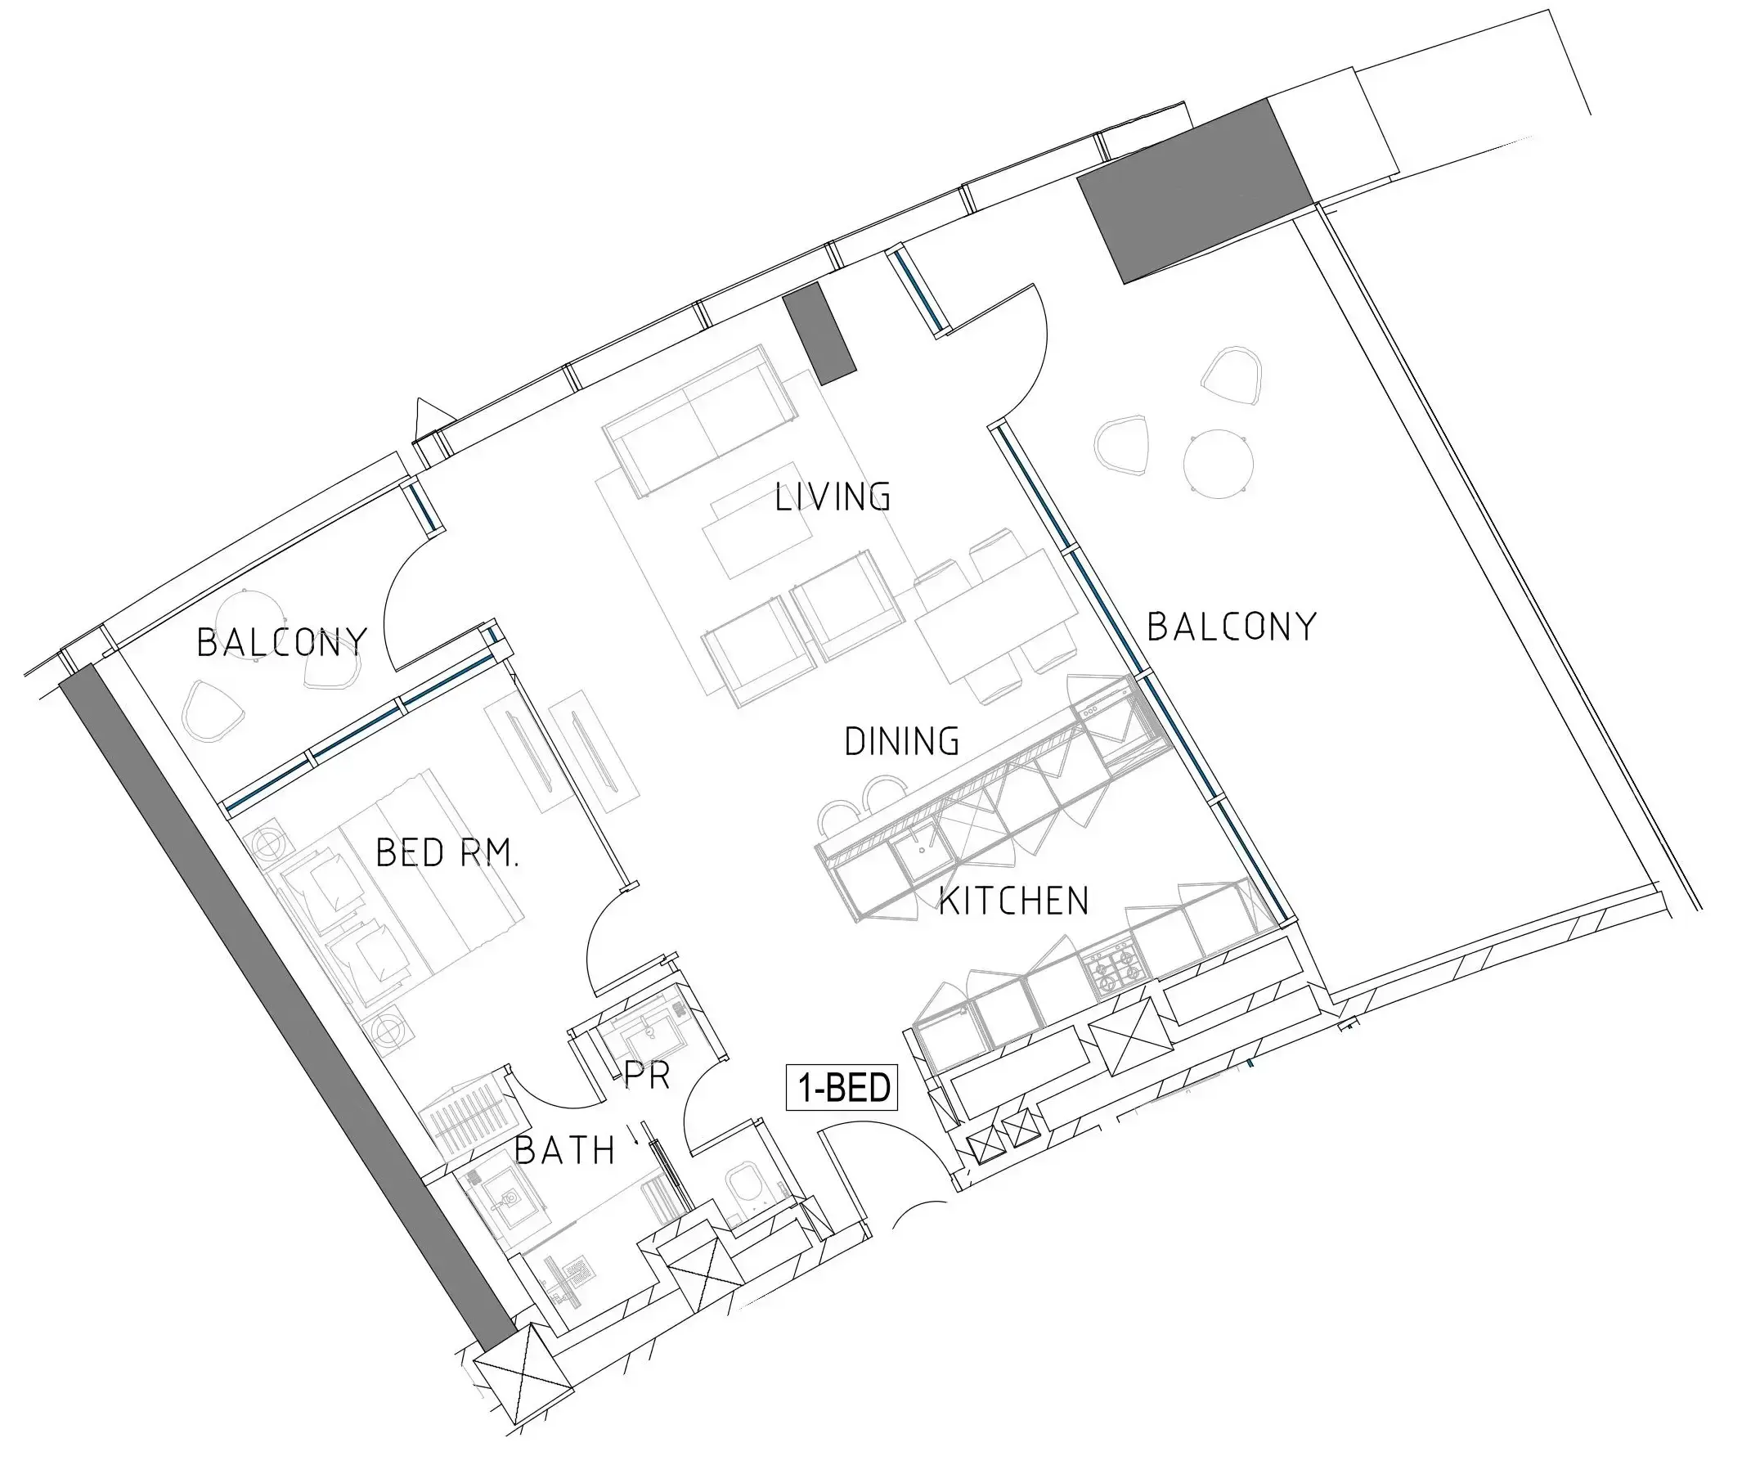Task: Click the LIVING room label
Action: coord(833,497)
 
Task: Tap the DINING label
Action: coord(902,741)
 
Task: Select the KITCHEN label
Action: coord(1014,901)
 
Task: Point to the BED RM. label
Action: coord(447,852)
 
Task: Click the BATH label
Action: coord(564,1150)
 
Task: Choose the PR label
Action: coord(647,1076)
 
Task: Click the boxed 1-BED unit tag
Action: coord(842,1088)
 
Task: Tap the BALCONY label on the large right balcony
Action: coord(1232,627)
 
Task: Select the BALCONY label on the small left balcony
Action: coord(281,642)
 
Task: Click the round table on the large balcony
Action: coord(1218,464)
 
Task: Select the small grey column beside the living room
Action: coord(819,333)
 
